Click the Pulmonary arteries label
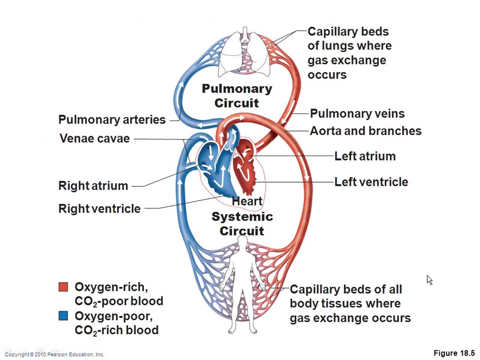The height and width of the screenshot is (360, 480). tap(112, 120)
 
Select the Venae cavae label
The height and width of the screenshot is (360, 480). tap(94, 138)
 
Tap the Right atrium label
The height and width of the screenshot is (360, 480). tap(93, 186)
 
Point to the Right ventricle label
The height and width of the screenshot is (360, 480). tap(99, 208)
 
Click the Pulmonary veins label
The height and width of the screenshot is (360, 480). tap(357, 114)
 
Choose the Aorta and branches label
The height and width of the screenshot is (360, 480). tap(366, 131)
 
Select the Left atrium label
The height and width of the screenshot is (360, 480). tap(365, 156)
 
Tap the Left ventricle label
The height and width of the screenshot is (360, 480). tap(371, 182)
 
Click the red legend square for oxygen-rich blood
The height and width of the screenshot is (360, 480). tap(63, 287)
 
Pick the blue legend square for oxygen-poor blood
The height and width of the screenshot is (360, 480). tap(63, 316)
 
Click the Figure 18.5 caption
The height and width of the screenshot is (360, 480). tap(454, 353)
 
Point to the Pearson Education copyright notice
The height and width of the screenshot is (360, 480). tap(54, 354)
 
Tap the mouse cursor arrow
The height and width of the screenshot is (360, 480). tap(429, 280)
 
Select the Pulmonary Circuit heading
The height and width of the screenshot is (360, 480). tap(237, 96)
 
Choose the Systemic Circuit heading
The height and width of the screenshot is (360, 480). tap(242, 223)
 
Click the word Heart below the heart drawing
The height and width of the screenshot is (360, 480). tap(247, 201)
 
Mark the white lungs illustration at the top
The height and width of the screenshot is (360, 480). tap(244, 52)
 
